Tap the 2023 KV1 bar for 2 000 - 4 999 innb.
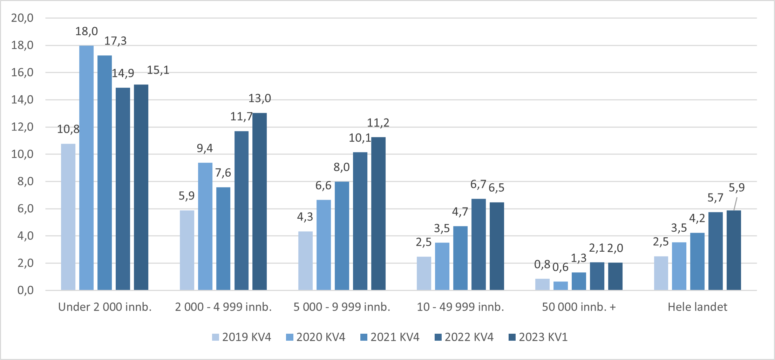[259, 201]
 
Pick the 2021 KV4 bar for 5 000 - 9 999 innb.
[342, 236]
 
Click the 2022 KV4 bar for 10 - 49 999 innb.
[478, 244]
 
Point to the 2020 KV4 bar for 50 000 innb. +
[560, 286]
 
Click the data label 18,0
[87, 32]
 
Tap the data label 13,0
[260, 99]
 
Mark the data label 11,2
[378, 123]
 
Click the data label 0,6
[560, 267]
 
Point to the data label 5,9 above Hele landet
[736, 188]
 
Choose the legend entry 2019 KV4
[242, 337]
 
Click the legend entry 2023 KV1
[538, 337]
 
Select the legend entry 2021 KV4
[390, 337]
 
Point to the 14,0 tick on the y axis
[22, 100]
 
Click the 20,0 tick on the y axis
[22, 18]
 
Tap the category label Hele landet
[697, 307]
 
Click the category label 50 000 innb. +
[579, 307]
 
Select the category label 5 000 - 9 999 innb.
[342, 307]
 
